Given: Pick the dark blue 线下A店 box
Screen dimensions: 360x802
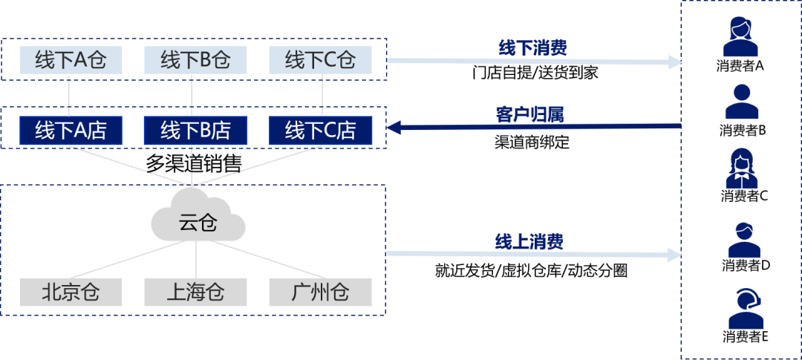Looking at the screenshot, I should [x=71, y=130].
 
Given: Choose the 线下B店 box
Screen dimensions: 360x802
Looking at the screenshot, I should [x=195, y=130].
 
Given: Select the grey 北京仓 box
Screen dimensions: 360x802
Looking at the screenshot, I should [x=71, y=292].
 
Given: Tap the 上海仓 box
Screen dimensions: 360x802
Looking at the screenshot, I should [x=195, y=292].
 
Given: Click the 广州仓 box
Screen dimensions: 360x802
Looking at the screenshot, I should [x=320, y=292].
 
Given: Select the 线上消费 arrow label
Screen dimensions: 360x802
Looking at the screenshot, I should [x=532, y=240].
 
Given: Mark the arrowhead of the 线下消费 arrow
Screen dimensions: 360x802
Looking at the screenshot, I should [x=675, y=62].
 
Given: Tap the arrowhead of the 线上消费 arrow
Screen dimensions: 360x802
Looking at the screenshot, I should [x=675, y=255].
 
